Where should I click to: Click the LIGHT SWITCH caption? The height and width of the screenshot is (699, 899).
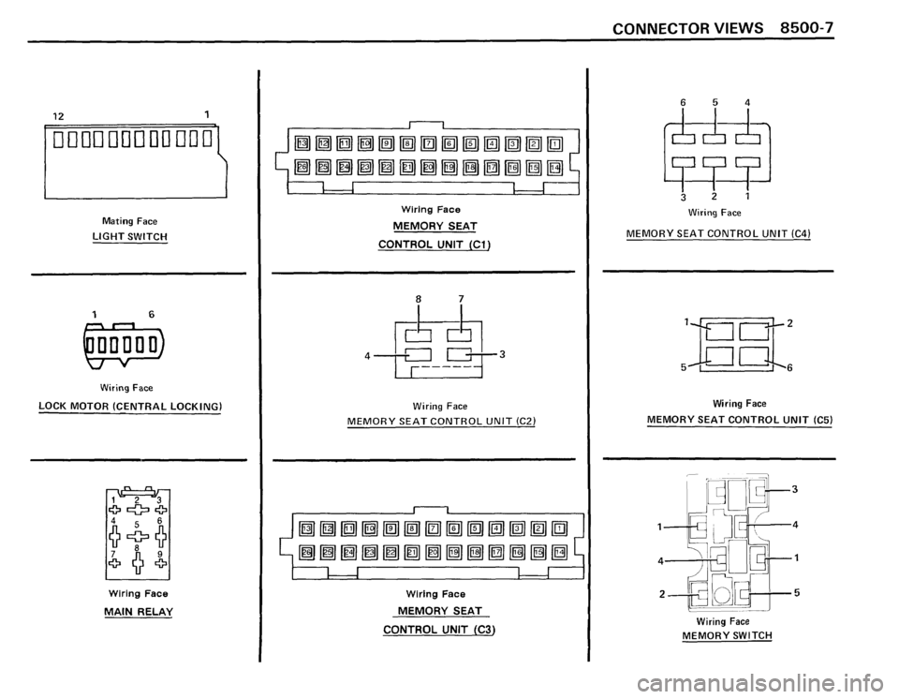[x=129, y=235]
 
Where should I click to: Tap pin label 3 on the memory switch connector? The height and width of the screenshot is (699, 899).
[x=793, y=488]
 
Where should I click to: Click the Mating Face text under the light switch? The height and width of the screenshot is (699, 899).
[x=129, y=219]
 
